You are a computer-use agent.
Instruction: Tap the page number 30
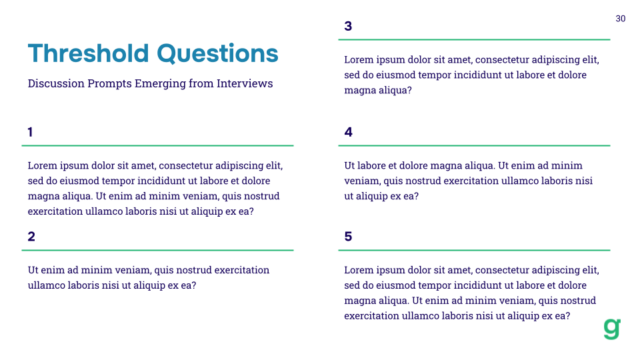(x=620, y=19)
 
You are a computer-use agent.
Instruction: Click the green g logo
(x=612, y=329)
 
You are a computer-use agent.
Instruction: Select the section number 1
(x=31, y=132)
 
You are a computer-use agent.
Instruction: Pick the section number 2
(x=31, y=237)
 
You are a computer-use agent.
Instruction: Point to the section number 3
(x=348, y=26)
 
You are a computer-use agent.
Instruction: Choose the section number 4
(x=348, y=132)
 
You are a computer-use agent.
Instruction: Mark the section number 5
(x=348, y=237)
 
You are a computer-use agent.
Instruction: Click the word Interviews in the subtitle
(x=245, y=84)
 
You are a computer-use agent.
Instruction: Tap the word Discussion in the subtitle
(x=56, y=84)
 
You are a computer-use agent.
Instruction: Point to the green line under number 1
(x=157, y=145)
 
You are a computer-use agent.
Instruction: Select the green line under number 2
(x=157, y=250)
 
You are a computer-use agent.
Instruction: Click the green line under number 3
(x=474, y=40)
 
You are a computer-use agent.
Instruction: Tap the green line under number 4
(x=474, y=145)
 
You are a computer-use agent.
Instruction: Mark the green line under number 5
(x=474, y=250)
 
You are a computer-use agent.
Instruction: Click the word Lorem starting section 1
(x=42, y=166)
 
